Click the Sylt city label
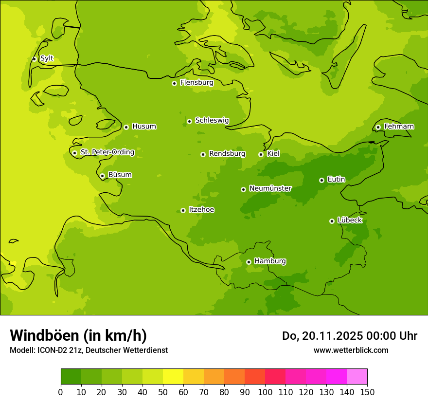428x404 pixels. [47, 58]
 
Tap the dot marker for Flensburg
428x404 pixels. [174, 83]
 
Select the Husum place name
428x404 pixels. [144, 127]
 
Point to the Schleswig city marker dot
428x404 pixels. [189, 121]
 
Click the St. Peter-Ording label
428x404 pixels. [107, 152]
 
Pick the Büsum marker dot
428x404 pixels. [102, 176]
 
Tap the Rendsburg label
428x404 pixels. [227, 154]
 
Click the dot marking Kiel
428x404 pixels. [261, 154]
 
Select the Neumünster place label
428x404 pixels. [270, 188]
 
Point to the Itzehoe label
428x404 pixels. [201, 210]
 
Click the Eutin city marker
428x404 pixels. [321, 180]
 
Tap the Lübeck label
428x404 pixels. [350, 220]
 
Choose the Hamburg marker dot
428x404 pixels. [249, 262]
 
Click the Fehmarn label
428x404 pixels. [399, 127]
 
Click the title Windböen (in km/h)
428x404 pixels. [78, 335]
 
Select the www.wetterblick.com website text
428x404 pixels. [351, 350]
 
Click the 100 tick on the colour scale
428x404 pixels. [265, 392]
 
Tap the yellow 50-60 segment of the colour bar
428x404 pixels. [173, 377]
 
